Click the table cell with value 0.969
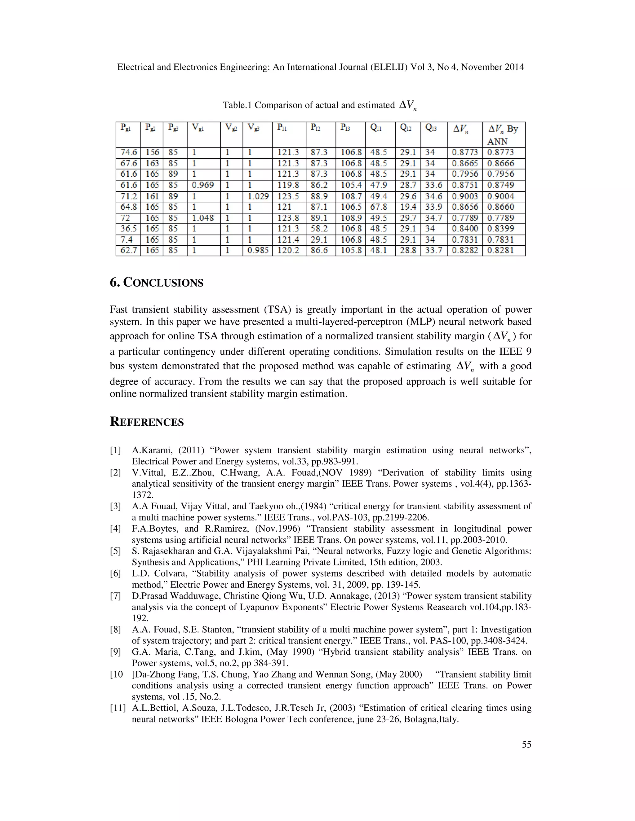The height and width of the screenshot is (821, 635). pos(203,185)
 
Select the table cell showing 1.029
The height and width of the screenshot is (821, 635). pos(258,196)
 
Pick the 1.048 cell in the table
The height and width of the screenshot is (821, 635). pos(203,218)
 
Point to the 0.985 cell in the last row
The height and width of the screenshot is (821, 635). pos(258,250)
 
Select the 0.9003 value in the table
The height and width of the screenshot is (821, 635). pos(464,196)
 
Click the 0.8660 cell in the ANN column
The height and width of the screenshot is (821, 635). pos(500,207)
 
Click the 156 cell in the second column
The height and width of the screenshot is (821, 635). pos(152,152)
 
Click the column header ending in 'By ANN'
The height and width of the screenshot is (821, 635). pos(503,134)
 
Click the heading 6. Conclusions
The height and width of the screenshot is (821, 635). pos(157,283)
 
